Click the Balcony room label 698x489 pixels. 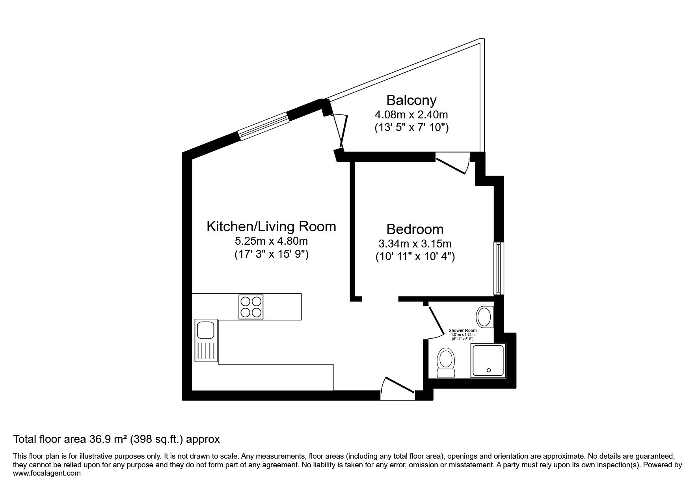point(411,100)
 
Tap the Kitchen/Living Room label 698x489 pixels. point(272,227)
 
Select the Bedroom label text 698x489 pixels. point(415,229)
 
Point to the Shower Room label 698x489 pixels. point(463,330)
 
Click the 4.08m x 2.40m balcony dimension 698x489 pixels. point(411,115)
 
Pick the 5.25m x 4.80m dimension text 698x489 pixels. point(271,241)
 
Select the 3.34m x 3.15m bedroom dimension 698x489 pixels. point(415,244)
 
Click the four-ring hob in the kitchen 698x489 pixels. point(251,307)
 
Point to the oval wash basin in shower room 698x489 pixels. point(484,317)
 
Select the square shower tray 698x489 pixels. point(488,361)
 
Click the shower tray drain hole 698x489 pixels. point(489,370)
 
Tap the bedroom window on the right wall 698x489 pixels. point(499,268)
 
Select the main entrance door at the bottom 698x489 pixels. point(397,388)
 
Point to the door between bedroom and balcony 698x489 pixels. point(452,164)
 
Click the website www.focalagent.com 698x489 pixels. point(47,473)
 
